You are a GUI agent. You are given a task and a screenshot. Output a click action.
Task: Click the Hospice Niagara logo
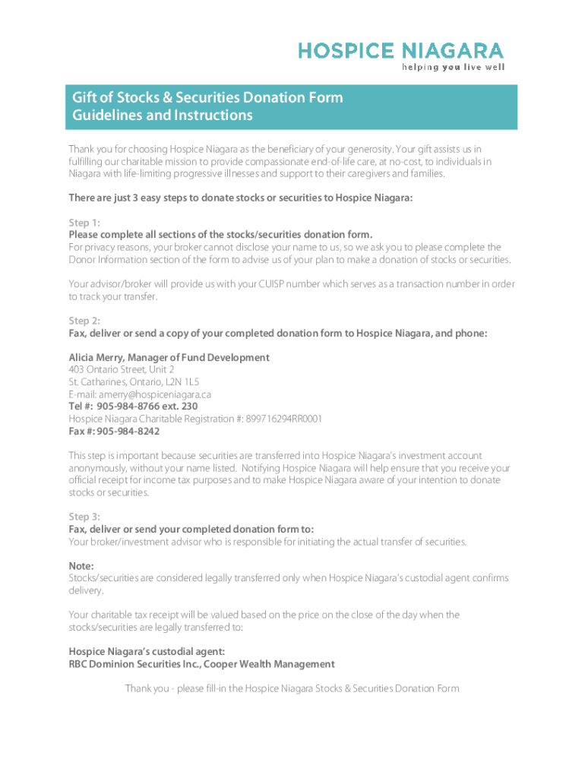pos(400,51)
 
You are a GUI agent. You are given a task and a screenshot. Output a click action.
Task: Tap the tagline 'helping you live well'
pos(453,67)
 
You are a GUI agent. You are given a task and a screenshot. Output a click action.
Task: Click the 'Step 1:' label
pos(84,223)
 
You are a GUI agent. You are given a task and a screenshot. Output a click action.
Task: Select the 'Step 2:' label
pos(84,321)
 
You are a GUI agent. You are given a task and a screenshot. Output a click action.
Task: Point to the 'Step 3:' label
pos(84,517)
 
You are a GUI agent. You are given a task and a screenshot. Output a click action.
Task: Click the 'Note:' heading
pos(81,566)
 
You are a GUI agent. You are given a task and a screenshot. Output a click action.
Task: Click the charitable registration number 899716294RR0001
pos(284,419)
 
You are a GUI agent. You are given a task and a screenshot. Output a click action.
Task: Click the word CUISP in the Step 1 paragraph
pos(258,284)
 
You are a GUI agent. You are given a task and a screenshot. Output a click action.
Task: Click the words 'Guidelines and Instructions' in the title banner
pos(162,115)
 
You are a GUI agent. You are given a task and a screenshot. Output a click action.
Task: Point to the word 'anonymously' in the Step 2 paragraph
pos(97,468)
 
